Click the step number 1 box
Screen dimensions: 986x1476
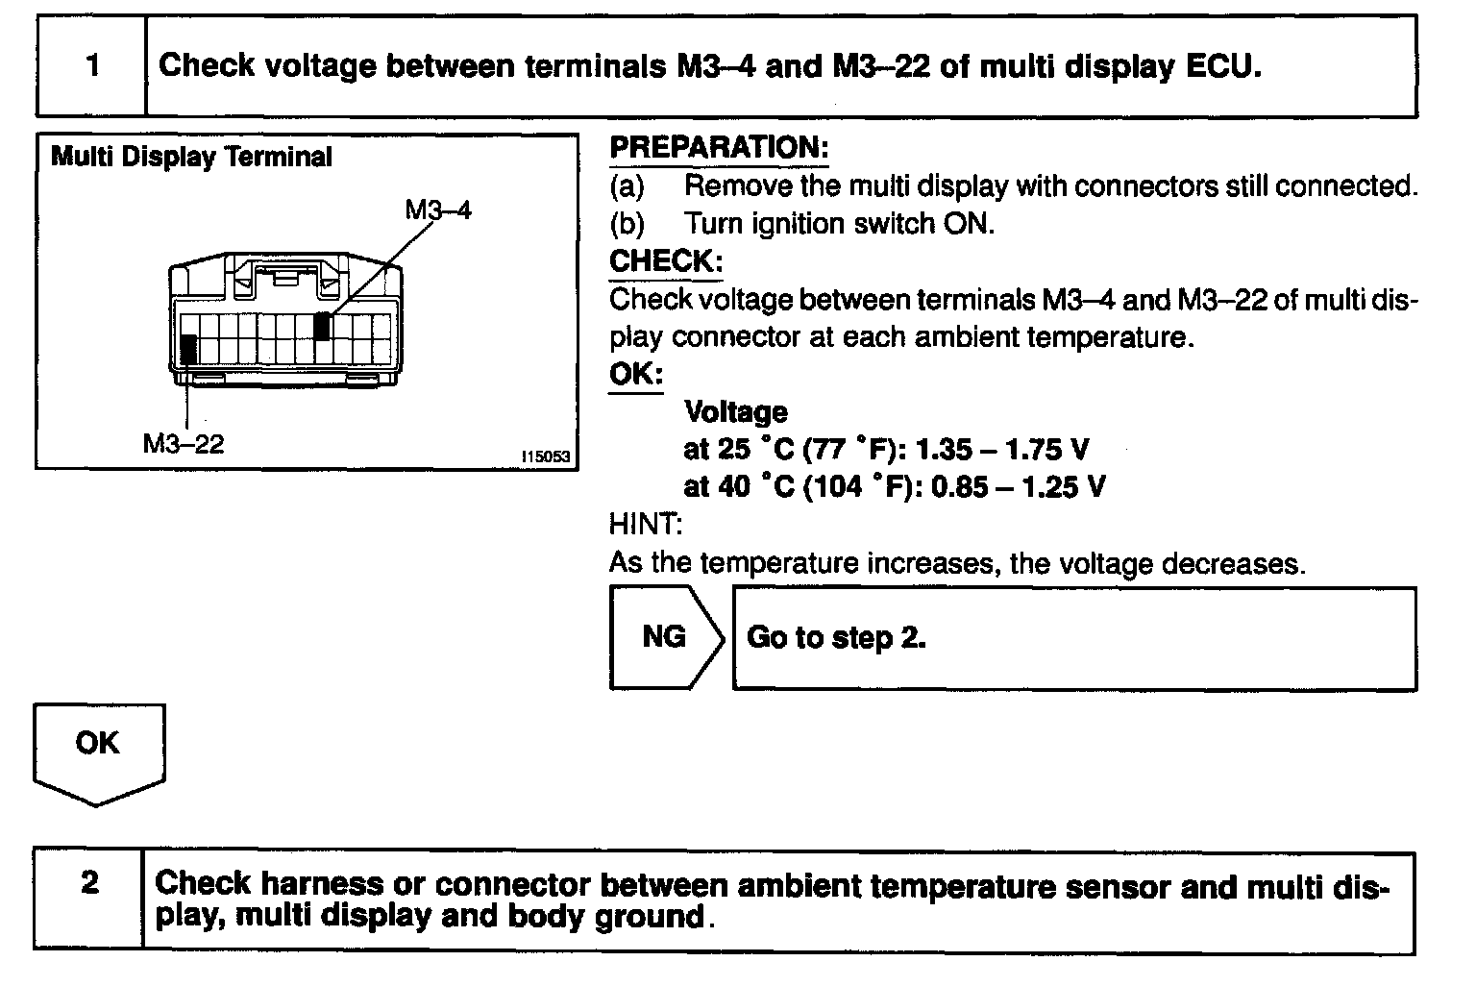click(x=91, y=66)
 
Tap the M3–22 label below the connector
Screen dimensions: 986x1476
click(x=184, y=443)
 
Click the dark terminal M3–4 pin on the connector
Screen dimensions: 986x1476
click(x=324, y=326)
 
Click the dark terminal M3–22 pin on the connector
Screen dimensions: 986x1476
click(x=188, y=348)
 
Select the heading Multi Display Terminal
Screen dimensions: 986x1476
click(x=191, y=157)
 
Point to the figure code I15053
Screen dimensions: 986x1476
click(x=546, y=458)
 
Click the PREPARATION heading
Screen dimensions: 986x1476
click(x=719, y=148)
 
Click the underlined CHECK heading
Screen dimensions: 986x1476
click(x=665, y=261)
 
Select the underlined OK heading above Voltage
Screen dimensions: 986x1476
click(x=635, y=374)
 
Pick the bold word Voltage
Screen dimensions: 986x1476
click(x=735, y=412)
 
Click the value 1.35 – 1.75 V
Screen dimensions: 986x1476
click(x=1003, y=449)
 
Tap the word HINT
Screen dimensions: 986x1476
click(x=646, y=524)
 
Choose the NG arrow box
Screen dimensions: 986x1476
click(x=665, y=637)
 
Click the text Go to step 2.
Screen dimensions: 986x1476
click(x=836, y=638)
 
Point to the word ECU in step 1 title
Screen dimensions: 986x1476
click(x=1222, y=66)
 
